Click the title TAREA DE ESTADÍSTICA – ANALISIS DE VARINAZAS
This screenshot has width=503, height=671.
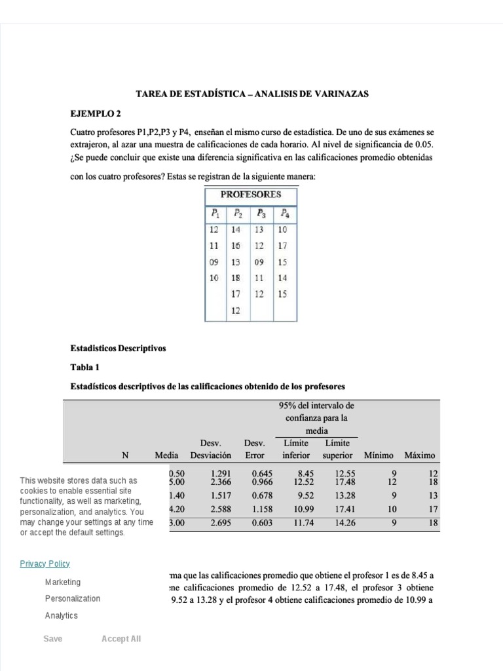pyautogui.click(x=251, y=94)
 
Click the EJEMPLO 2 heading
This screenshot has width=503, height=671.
pyautogui.click(x=94, y=113)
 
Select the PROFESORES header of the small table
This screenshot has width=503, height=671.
pyautogui.click(x=251, y=195)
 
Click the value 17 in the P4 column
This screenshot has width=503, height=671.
pyautogui.click(x=282, y=246)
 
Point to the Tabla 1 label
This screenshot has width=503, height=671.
pyautogui.click(x=84, y=367)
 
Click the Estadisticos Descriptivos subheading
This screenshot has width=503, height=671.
pyautogui.click(x=118, y=348)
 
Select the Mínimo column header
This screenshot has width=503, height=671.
pyautogui.click(x=379, y=455)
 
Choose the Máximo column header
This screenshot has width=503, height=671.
pyautogui.click(x=420, y=455)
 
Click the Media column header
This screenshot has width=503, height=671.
pyautogui.click(x=166, y=455)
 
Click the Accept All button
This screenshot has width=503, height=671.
pyautogui.click(x=121, y=639)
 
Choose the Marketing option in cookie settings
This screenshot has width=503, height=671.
pyautogui.click(x=63, y=582)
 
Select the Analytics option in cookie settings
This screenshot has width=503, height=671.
pyautogui.click(x=61, y=615)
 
